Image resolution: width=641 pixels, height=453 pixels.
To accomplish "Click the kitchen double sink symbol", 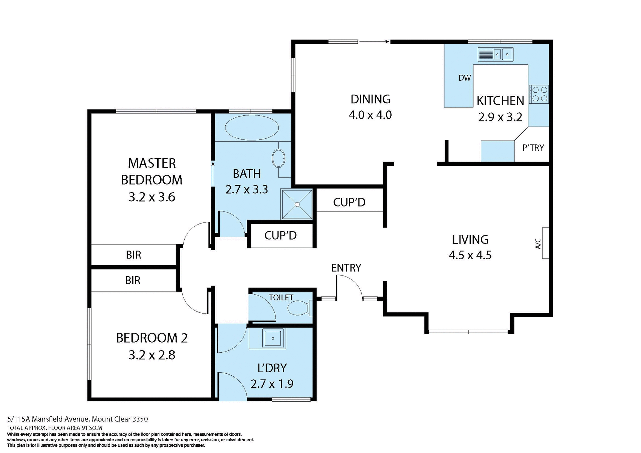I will pyautogui.click(x=495, y=54).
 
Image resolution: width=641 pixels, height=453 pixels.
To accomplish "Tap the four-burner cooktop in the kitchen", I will pyautogui.click(x=539, y=94).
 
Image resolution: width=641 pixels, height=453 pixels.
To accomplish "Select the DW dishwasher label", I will pyautogui.click(x=464, y=78).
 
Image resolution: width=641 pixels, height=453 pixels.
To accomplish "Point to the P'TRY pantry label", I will pyautogui.click(x=533, y=148).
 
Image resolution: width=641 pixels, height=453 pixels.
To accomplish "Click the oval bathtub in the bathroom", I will pyautogui.click(x=251, y=128).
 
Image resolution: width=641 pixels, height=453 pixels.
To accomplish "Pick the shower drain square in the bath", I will pyautogui.click(x=297, y=204).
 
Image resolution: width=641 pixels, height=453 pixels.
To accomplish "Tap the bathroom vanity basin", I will pyautogui.click(x=278, y=158).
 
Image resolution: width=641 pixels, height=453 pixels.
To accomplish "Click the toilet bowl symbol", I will pyautogui.click(x=298, y=308).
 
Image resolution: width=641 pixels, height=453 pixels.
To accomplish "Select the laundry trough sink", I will pyautogui.click(x=273, y=338).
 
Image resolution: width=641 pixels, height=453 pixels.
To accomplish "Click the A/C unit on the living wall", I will pyautogui.click(x=545, y=243).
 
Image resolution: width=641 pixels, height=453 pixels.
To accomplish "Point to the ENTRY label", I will pyautogui.click(x=346, y=268).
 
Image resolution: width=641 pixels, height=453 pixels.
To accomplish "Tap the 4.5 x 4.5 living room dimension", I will pyautogui.click(x=470, y=256).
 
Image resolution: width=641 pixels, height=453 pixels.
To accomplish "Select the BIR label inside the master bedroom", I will pyautogui.click(x=134, y=255).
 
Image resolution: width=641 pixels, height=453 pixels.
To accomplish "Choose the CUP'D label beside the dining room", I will pyautogui.click(x=349, y=202).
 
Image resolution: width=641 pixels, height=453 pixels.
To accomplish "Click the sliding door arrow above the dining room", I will pyautogui.click(x=374, y=42).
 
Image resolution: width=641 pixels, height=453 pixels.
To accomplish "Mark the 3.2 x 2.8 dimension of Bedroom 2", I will pyautogui.click(x=152, y=355).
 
